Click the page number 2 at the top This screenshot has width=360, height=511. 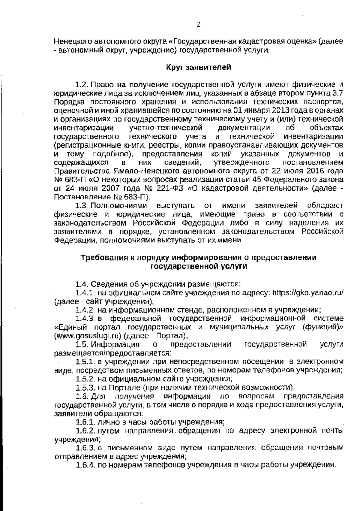click(x=198, y=24)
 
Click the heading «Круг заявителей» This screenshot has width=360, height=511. click(x=199, y=67)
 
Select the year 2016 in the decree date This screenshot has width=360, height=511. click(x=311, y=171)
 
